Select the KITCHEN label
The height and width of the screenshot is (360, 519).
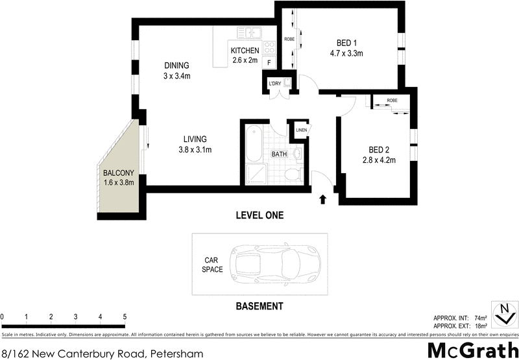[245, 51]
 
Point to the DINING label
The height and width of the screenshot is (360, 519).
[176, 66]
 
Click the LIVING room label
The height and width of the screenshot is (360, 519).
[195, 139]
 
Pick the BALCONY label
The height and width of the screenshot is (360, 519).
[119, 173]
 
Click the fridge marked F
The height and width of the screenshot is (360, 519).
[269, 63]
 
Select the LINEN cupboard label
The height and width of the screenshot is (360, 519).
[301, 130]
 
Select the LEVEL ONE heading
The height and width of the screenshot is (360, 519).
[259, 215]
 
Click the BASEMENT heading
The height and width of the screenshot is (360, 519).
[259, 306]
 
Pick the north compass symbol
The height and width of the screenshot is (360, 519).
[503, 315]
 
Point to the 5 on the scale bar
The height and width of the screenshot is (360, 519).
[125, 317]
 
